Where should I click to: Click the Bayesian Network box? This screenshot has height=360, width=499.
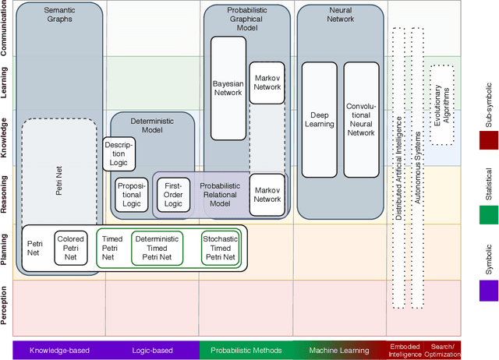pyautogui.click(x=228, y=86)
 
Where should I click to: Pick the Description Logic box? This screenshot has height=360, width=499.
pyautogui.click(x=119, y=154)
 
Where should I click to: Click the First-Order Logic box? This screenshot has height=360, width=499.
pyautogui.click(x=172, y=195)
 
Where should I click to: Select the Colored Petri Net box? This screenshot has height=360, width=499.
pyautogui.click(x=70, y=248)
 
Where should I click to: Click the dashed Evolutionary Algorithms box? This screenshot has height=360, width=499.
pyautogui.click(x=442, y=104)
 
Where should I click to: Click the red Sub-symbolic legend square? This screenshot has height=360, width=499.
pyautogui.click(x=490, y=140)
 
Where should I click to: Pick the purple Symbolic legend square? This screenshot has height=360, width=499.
pyautogui.click(x=490, y=290)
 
